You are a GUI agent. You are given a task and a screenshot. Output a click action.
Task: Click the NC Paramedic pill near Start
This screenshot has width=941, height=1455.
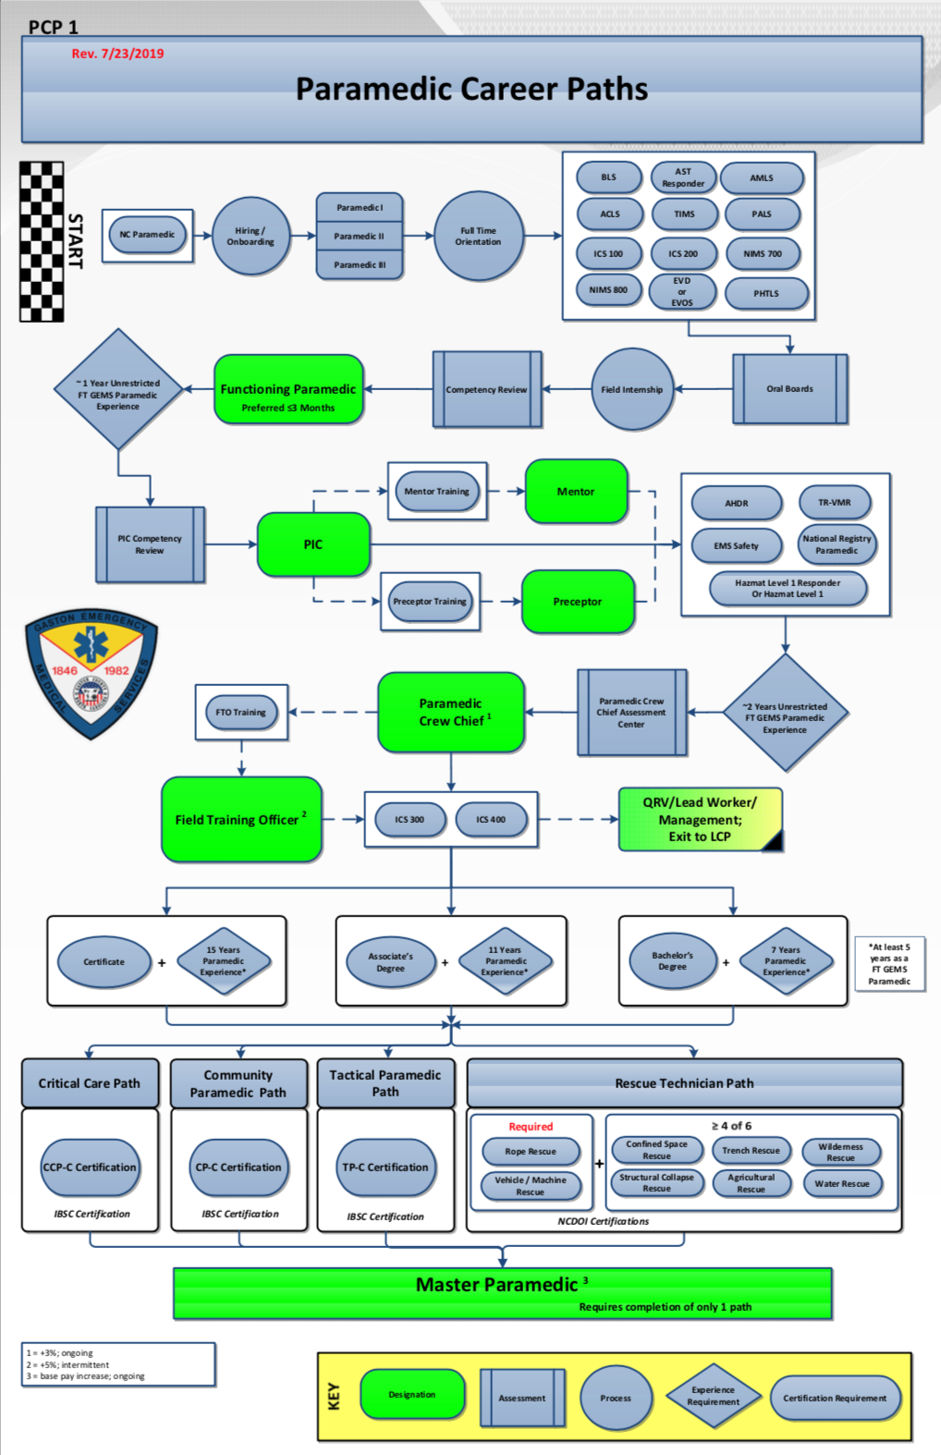[147, 235]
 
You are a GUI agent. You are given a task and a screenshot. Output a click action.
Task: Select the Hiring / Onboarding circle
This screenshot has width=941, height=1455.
[251, 236]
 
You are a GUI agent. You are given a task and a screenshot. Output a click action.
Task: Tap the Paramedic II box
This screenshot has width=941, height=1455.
[360, 236]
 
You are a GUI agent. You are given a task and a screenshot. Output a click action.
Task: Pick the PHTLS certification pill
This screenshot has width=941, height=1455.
[766, 294]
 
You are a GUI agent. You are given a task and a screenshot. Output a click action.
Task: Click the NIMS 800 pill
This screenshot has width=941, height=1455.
[608, 290]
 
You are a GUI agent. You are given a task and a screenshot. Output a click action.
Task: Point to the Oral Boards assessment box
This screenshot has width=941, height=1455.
[789, 389]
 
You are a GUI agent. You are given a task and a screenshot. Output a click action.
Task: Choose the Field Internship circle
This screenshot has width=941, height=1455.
[632, 389]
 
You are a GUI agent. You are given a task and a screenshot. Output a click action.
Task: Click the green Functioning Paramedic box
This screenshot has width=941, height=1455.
[288, 390]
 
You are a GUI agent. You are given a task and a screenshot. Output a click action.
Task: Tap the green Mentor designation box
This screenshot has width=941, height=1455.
[576, 492]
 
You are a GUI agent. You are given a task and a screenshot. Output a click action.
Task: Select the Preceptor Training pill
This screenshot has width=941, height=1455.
[430, 602]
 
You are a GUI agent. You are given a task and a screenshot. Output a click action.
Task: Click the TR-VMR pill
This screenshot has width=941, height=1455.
[835, 503]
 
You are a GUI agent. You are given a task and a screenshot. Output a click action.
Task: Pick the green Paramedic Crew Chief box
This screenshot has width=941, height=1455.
[451, 712]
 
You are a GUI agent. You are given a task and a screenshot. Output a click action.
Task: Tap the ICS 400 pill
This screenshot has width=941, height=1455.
[491, 820]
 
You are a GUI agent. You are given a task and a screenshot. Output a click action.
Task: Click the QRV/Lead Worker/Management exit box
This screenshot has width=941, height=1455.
[700, 819]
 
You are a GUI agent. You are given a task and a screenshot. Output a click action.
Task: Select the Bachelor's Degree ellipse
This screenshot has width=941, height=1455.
[673, 961]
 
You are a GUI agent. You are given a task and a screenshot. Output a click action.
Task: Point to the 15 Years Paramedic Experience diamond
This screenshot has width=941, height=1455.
[224, 961]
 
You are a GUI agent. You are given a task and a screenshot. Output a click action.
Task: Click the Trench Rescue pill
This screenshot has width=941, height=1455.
[751, 1151]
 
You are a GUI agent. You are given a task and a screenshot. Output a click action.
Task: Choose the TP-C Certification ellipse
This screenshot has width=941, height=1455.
[385, 1168]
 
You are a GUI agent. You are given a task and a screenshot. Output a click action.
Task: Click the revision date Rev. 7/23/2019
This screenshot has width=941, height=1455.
[117, 54]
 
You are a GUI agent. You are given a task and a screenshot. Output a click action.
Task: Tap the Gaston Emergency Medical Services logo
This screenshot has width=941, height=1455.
[91, 673]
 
